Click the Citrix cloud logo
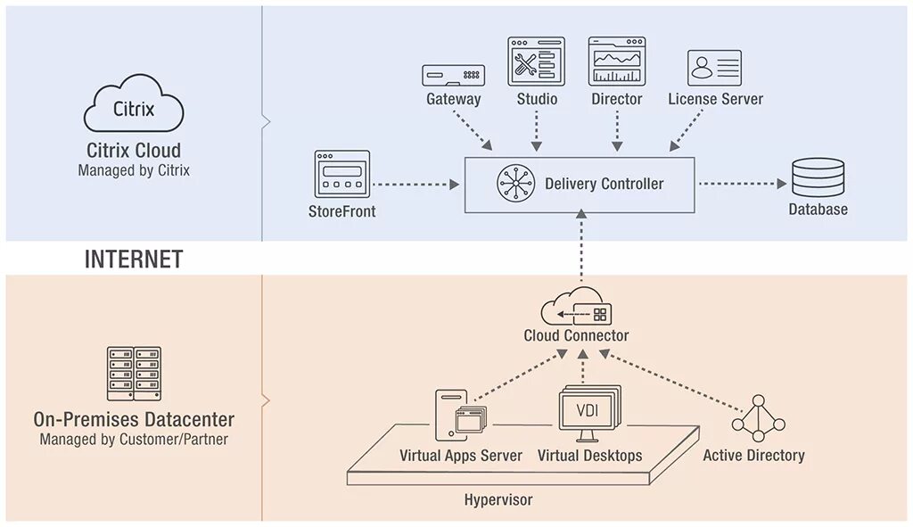point(134,107)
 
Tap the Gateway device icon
point(453,75)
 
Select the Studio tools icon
point(536,62)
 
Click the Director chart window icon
point(616,62)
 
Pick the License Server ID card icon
point(714,68)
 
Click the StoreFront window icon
point(341,173)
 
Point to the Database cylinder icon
point(817,177)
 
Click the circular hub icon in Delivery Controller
point(514,185)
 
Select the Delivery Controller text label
point(604,185)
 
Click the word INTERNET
point(134,259)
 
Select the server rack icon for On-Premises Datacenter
point(134,374)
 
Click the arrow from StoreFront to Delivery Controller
point(415,185)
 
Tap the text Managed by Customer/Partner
point(134,440)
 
